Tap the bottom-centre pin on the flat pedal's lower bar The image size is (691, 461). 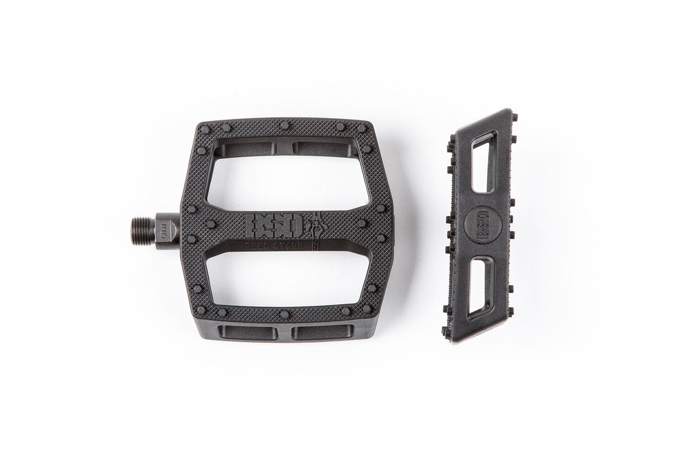(285, 314)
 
